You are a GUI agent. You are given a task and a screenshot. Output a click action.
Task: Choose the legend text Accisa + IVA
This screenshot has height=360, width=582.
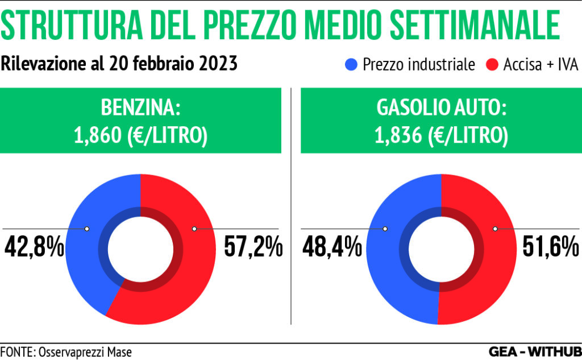[540, 64]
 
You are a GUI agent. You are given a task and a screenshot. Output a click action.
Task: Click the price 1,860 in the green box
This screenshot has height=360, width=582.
[94, 135]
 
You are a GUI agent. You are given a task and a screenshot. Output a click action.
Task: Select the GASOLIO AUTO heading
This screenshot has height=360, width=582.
[440, 107]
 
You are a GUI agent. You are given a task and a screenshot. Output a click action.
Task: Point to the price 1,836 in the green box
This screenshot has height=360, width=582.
[395, 135]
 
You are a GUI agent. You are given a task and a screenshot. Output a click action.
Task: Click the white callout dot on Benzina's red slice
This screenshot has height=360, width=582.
[194, 229]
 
